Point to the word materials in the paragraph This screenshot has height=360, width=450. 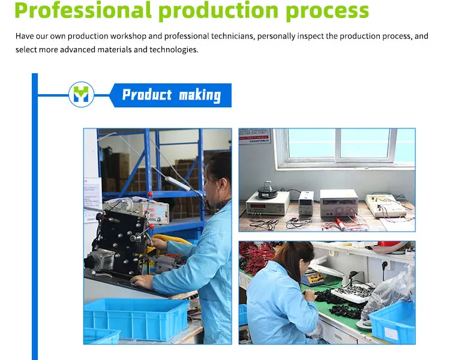tap(113, 50)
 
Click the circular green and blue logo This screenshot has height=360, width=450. tap(81, 94)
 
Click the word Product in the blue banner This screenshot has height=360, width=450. tap(147, 95)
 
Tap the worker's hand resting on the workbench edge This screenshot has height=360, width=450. tap(142, 281)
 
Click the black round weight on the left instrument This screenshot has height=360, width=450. tap(266, 191)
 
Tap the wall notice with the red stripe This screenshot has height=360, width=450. tap(255, 137)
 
